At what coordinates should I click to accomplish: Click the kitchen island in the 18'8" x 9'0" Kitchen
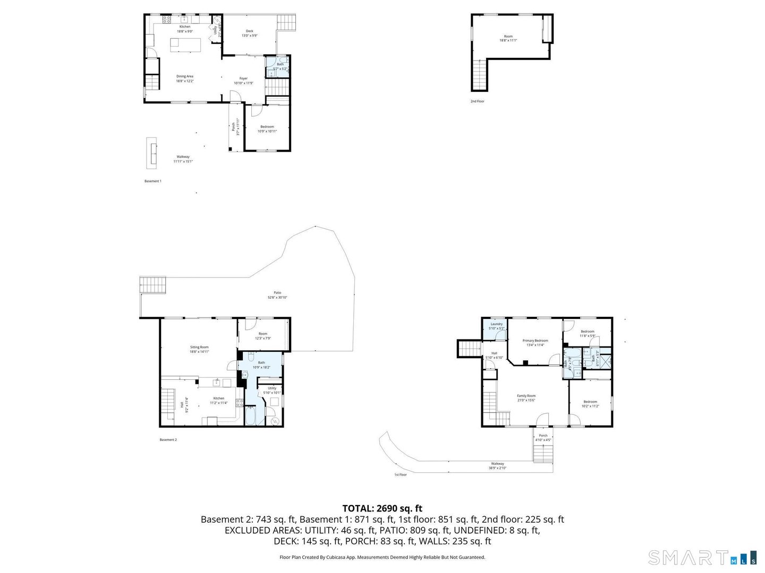click(x=185, y=45)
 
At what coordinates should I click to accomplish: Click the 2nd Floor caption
click(x=477, y=101)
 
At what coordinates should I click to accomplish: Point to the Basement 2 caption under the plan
click(x=168, y=440)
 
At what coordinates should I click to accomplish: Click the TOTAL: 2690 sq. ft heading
click(x=382, y=508)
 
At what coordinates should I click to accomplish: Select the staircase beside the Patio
click(x=153, y=285)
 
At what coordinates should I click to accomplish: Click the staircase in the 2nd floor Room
click(x=479, y=75)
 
